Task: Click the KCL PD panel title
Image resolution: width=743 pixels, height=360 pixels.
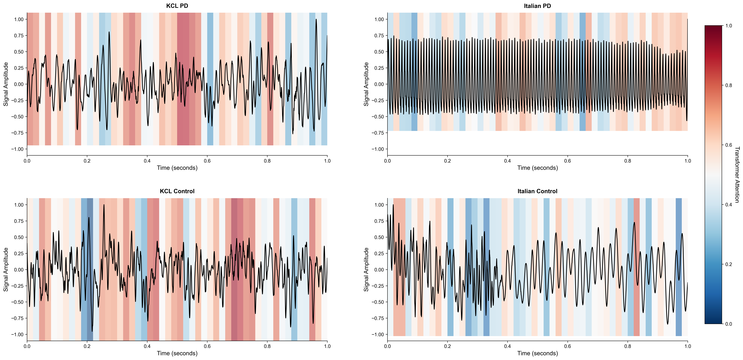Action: pyautogui.click(x=177, y=6)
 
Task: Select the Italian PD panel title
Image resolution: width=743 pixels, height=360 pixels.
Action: pyautogui.click(x=537, y=6)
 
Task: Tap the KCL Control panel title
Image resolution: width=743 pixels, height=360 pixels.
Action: pyautogui.click(x=177, y=191)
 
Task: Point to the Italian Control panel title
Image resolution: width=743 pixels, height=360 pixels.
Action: pyautogui.click(x=537, y=191)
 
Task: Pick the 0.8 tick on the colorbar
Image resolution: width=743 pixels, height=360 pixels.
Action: pyautogui.click(x=729, y=85)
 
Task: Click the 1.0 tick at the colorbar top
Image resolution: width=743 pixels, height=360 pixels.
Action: pyautogui.click(x=729, y=26)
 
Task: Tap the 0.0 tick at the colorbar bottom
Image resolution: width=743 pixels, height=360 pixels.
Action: pyautogui.click(x=729, y=324)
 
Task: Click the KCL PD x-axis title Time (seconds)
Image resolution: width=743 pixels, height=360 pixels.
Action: pyautogui.click(x=177, y=168)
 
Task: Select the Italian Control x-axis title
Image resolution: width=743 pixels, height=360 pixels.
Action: pyautogui.click(x=537, y=353)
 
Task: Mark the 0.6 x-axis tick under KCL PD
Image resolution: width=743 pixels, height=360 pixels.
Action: pyautogui.click(x=207, y=161)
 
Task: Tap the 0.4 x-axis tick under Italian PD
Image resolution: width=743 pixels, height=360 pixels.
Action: pyautogui.click(x=507, y=161)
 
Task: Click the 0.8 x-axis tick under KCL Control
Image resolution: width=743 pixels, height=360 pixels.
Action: pyautogui.click(x=267, y=346)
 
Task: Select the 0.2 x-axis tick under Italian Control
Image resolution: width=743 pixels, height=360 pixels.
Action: pyautogui.click(x=447, y=346)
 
